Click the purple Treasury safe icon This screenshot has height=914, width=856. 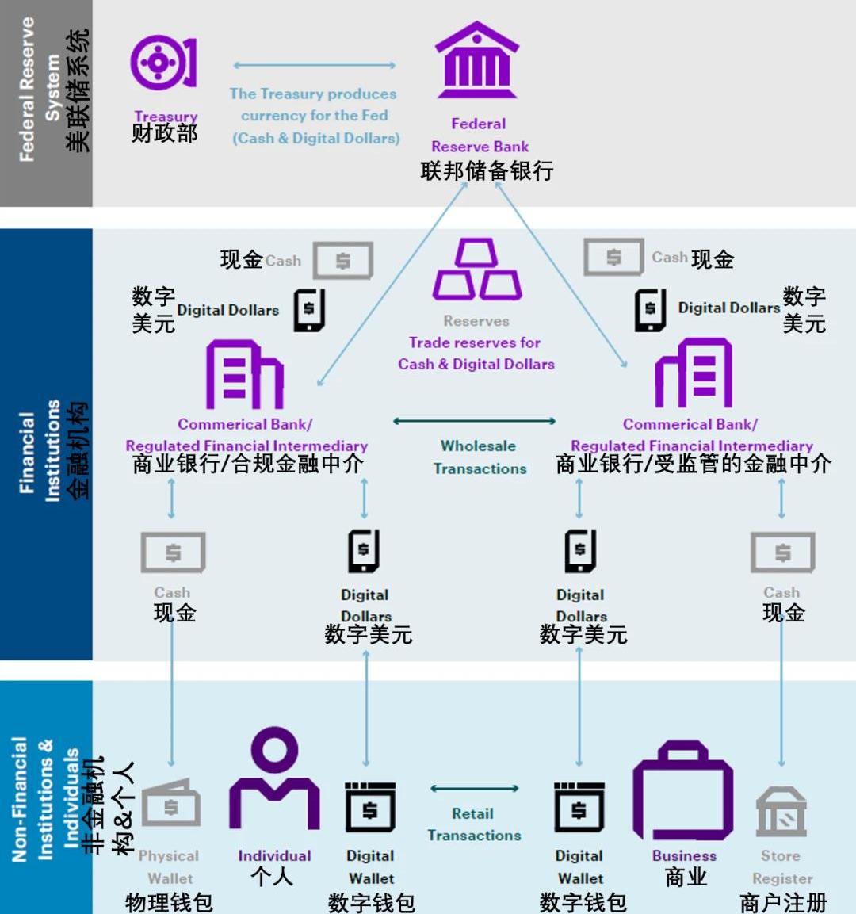[164, 63]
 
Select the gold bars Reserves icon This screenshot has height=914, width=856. [476, 269]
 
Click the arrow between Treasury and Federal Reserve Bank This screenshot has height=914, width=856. [314, 65]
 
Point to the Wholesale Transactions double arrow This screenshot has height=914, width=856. [474, 421]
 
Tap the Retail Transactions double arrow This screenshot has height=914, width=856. [474, 789]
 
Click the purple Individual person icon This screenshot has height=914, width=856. [274, 778]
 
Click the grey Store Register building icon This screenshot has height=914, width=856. [781, 812]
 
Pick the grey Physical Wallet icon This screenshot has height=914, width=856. [170, 803]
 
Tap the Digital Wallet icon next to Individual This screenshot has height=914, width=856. [370, 807]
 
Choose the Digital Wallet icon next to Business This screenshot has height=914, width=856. [579, 807]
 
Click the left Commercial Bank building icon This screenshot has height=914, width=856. [245, 374]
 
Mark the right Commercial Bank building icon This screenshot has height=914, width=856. [694, 373]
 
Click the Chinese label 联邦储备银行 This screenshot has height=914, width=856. [487, 170]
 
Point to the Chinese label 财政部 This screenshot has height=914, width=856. [164, 133]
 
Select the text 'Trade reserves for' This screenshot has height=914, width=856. [474, 342]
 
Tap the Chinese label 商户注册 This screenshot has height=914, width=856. [783, 902]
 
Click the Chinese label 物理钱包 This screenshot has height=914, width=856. [169, 902]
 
